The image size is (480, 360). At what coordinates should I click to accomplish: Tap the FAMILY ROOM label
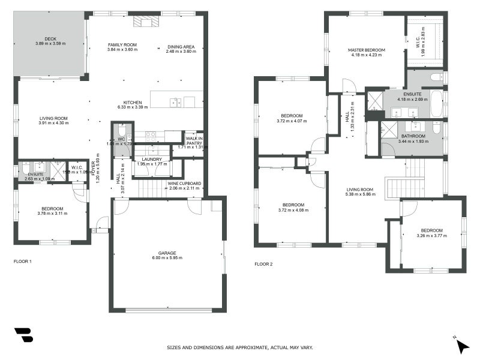point(122,45)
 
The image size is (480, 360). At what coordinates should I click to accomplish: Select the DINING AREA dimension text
point(181,50)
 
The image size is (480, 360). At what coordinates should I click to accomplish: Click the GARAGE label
point(167,254)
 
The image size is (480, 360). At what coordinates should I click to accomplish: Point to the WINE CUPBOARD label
point(184,184)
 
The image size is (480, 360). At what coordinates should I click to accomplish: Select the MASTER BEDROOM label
point(366,50)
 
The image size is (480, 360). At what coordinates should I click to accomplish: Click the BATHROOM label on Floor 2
point(413,136)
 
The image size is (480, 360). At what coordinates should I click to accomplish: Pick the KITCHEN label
point(133,102)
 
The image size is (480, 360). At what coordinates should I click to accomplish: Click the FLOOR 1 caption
point(22,262)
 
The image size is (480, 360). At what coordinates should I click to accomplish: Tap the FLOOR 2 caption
point(263,264)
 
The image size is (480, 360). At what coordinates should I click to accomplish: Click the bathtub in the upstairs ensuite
point(437,103)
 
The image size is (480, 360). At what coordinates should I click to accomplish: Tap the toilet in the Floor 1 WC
point(121,130)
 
